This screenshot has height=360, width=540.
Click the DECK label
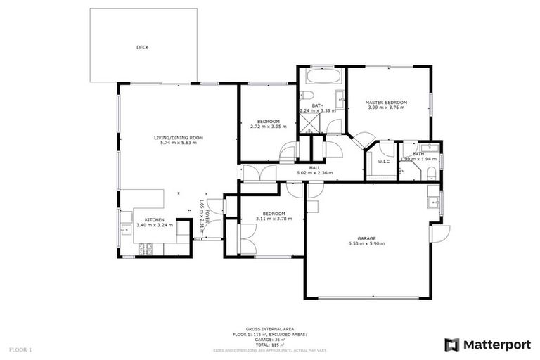(142, 48)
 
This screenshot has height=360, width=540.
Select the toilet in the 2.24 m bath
(307, 96)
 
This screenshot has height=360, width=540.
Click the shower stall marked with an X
(309, 124)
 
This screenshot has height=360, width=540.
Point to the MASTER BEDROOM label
(386, 103)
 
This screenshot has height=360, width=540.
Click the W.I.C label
(383, 162)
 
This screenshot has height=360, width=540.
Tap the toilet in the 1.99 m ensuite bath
(432, 172)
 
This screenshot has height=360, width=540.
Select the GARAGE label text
(366, 238)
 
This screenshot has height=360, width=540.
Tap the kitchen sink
(126, 229)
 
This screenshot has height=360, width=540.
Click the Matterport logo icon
(451, 345)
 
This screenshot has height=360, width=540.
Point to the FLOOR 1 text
(20, 349)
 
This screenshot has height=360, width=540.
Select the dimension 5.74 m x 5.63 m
(179, 143)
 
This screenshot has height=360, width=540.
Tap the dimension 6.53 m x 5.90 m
(366, 244)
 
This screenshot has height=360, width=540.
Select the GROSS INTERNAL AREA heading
(269, 329)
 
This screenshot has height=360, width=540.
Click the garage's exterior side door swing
(439, 234)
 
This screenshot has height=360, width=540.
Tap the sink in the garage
(434, 202)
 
